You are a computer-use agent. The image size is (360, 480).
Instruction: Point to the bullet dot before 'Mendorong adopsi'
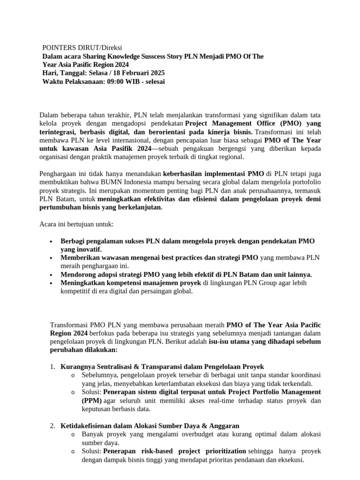pyautogui.click(x=50, y=275)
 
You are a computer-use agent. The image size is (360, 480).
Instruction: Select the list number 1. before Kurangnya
pyautogui.click(x=52, y=367)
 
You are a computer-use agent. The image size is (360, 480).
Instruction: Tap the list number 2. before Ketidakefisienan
pyautogui.click(x=52, y=426)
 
